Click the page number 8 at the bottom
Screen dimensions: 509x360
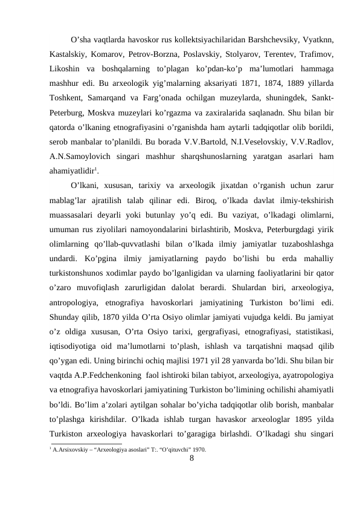coord(191,458)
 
